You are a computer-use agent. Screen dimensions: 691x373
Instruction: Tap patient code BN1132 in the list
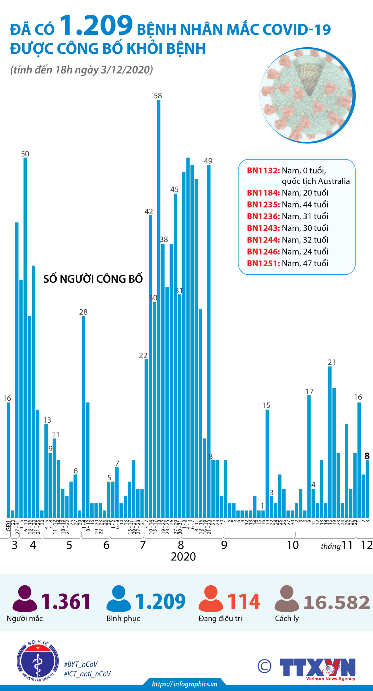tap(263, 171)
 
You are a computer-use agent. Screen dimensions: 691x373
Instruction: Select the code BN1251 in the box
tap(263, 263)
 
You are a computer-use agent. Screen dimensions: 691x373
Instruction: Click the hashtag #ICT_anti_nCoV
tap(87, 674)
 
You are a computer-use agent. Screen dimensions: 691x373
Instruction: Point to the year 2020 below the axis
tap(183, 557)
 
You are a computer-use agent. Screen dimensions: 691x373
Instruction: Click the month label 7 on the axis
tap(143, 545)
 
